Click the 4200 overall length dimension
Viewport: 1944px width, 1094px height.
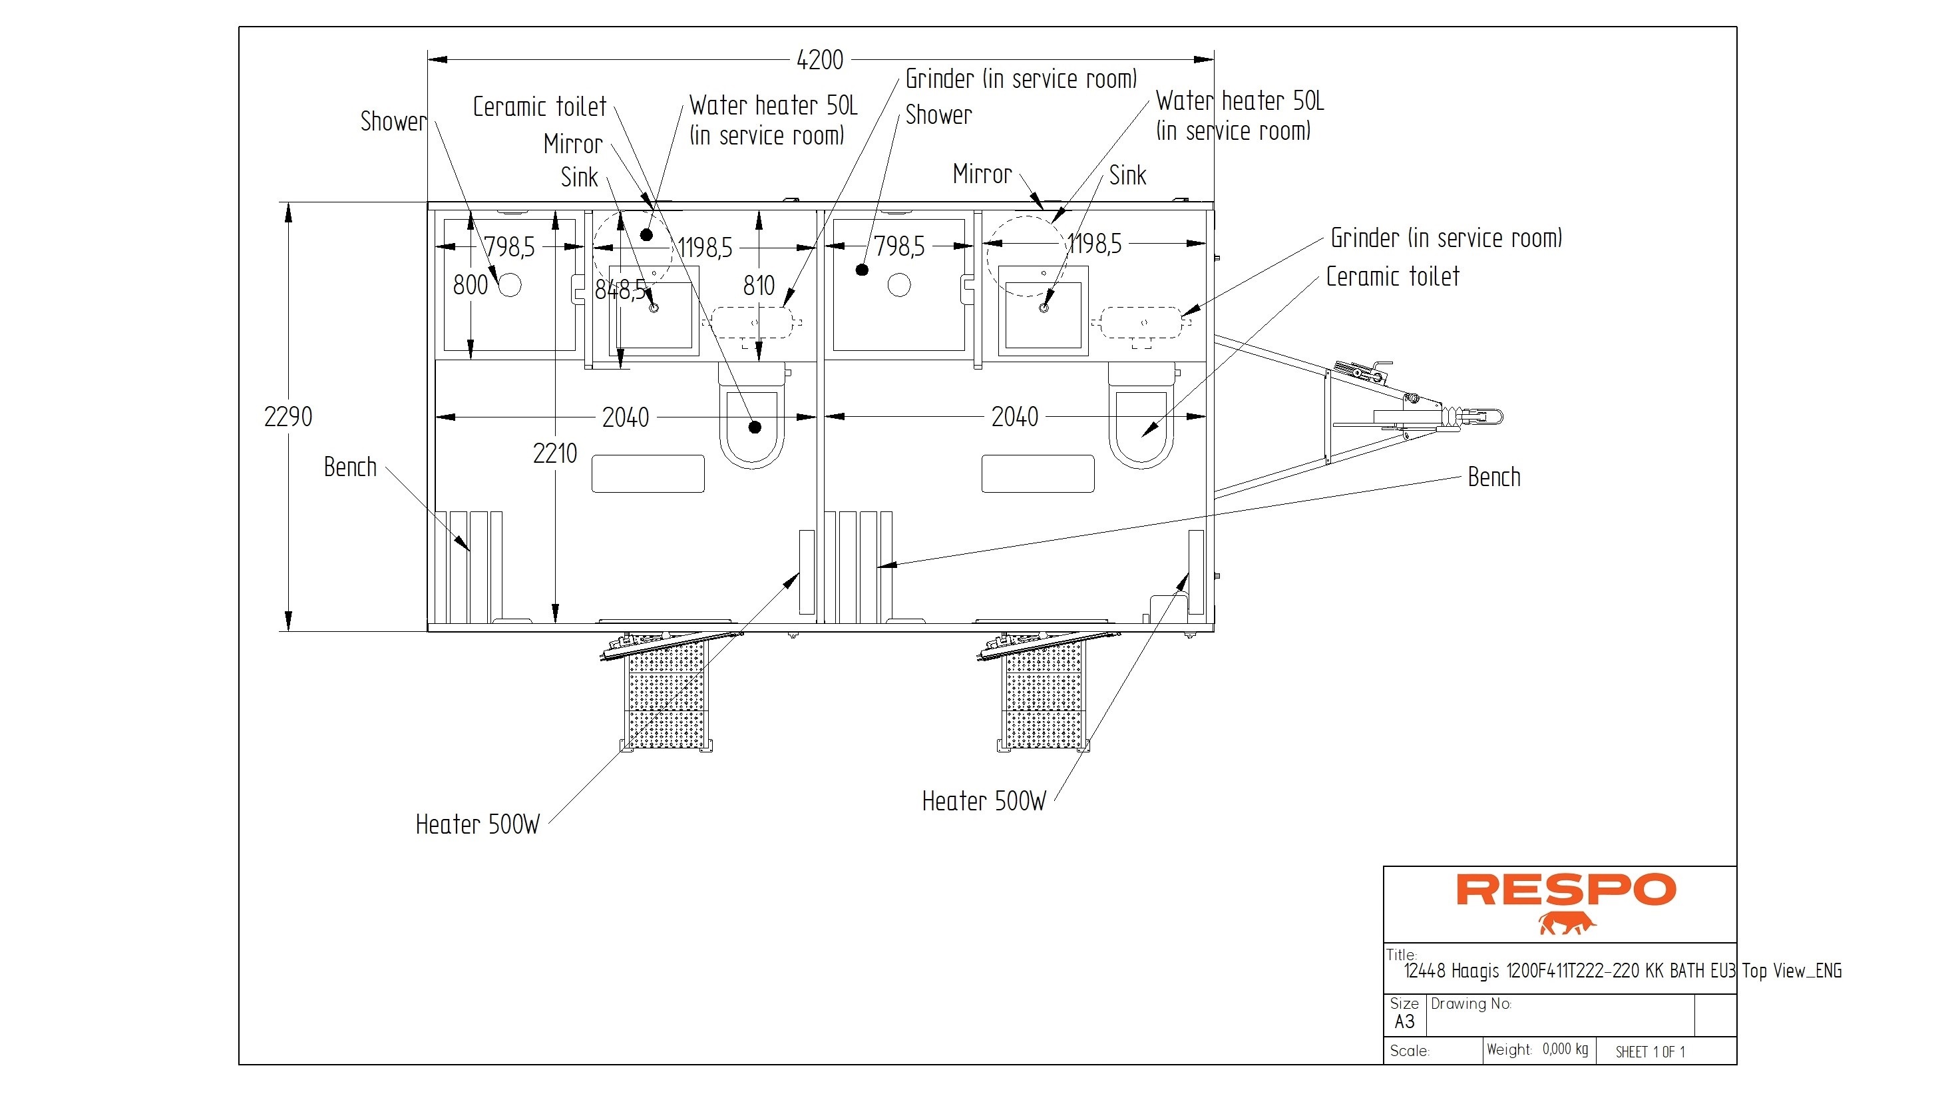click(x=819, y=60)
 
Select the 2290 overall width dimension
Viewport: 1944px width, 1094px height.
click(x=288, y=417)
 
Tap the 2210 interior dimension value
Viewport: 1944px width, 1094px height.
click(x=554, y=453)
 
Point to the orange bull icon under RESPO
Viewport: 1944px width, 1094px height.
click(x=1567, y=924)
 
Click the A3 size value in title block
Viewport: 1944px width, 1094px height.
click(x=1404, y=1022)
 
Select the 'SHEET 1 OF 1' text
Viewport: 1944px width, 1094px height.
click(x=1650, y=1052)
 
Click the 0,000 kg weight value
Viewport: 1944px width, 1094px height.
click(x=1565, y=1049)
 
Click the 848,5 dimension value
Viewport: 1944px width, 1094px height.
click(x=620, y=289)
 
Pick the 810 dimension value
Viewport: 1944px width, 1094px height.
click(x=759, y=286)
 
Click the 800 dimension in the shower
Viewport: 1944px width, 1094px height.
click(x=470, y=286)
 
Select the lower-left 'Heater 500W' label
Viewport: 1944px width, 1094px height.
click(x=478, y=824)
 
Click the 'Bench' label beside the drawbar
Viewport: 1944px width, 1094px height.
click(x=1493, y=477)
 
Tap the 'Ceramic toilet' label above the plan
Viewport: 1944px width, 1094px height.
click(x=540, y=107)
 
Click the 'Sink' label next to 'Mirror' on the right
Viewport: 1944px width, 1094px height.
click(x=1127, y=176)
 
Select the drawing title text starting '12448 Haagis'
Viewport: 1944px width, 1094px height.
click(x=1623, y=971)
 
